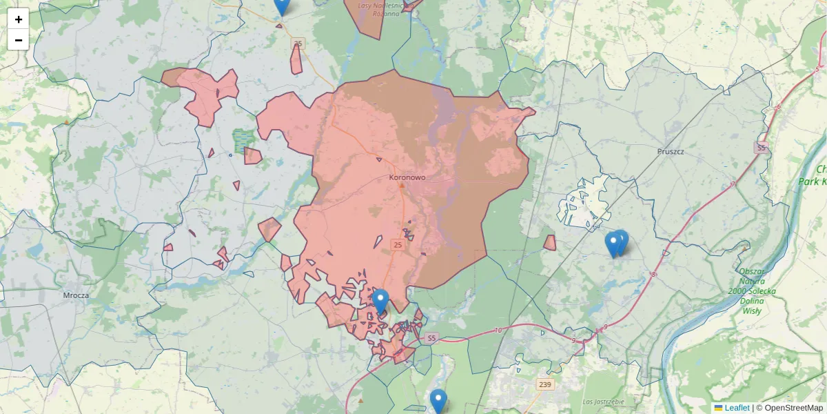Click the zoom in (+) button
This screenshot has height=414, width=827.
19,19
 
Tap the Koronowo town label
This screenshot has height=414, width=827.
407,177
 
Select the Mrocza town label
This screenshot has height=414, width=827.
76,295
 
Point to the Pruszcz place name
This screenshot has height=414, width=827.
669,151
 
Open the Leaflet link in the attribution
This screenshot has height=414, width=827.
737,408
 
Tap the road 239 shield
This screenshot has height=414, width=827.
545,384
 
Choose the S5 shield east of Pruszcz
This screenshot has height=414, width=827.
761,148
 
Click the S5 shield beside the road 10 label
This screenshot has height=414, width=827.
431,338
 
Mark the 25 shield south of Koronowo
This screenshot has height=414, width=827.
398,245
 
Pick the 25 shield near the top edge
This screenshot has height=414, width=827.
298,44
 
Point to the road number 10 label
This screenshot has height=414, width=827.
498,331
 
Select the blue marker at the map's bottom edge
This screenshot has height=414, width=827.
438,401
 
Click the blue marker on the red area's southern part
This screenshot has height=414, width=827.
380,302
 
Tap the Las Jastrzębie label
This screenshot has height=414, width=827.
603,402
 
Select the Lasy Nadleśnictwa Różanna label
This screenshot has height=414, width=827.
380,9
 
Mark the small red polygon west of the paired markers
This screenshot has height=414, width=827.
550,243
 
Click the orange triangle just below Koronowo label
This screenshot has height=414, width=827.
402,185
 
